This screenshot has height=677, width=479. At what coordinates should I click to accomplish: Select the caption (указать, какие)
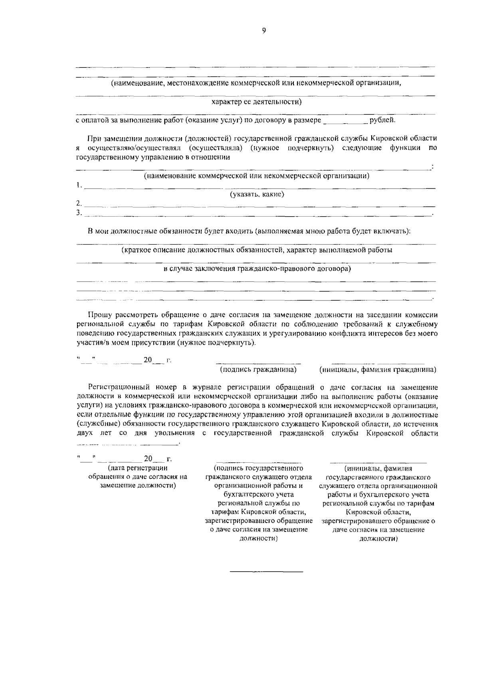257,194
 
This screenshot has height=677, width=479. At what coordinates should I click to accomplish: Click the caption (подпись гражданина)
258,369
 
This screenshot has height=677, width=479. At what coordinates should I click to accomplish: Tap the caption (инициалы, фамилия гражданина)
378,369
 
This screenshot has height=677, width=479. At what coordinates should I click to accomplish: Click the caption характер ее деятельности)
256,102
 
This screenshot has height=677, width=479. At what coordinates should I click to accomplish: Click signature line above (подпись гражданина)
258,363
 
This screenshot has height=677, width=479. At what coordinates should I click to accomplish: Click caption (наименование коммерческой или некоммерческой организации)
256,176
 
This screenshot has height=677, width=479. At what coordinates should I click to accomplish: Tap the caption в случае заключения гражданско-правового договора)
257,268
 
